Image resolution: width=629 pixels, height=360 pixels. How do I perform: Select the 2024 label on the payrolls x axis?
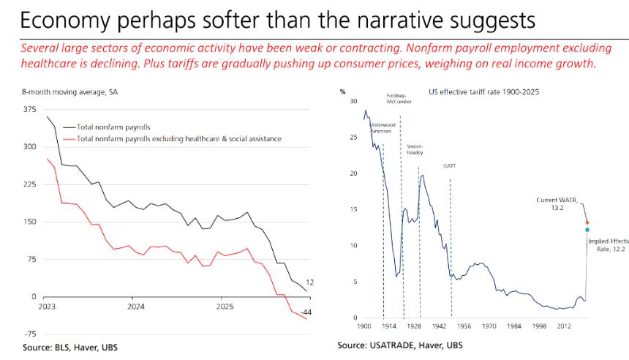[x=135, y=307]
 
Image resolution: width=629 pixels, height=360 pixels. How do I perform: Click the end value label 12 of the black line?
[x=309, y=282]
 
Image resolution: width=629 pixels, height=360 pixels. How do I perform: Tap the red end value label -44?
[x=307, y=312]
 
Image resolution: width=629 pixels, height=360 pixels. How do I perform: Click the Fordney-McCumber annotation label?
[x=398, y=99]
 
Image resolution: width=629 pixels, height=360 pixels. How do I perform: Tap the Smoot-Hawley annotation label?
[x=415, y=150]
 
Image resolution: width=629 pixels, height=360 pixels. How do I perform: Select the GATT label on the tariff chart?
[x=450, y=166]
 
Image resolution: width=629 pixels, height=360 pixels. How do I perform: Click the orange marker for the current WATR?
[x=587, y=222]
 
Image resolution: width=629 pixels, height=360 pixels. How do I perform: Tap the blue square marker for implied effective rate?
[x=587, y=230]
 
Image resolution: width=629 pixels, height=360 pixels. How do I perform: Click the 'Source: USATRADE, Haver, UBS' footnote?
[x=400, y=345]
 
